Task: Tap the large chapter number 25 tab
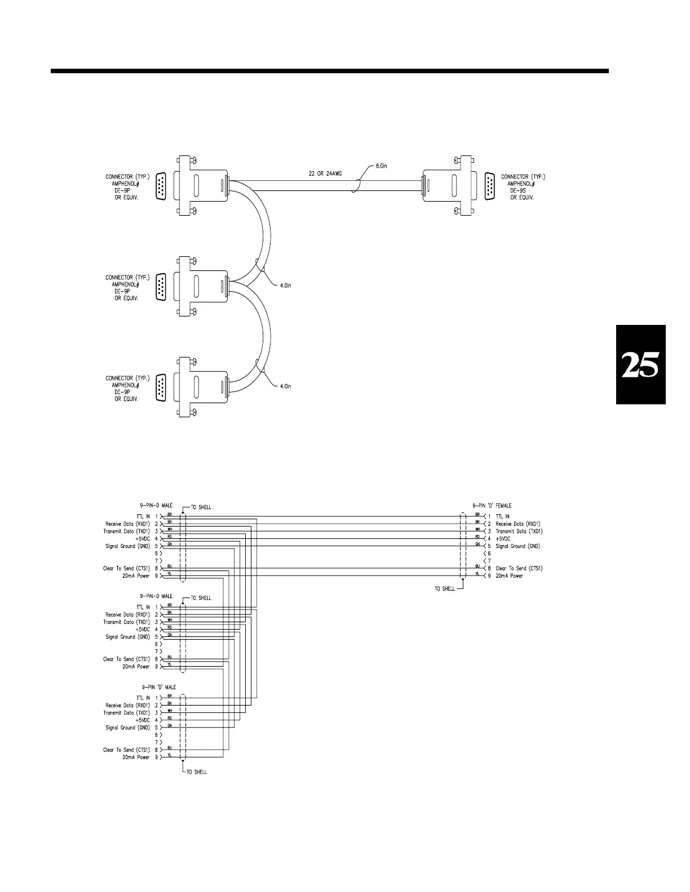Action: pyautogui.click(x=640, y=365)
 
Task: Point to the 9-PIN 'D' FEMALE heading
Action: pyautogui.click(x=492, y=506)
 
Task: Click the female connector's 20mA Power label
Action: pyautogui.click(x=509, y=576)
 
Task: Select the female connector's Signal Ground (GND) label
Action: pyautogui.click(x=517, y=546)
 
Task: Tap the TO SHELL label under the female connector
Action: pyautogui.click(x=445, y=589)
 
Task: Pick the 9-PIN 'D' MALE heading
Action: pyautogui.click(x=159, y=687)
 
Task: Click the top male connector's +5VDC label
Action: pyautogui.click(x=143, y=539)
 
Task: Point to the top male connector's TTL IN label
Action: pyautogui.click(x=143, y=516)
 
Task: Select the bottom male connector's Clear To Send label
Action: pyautogui.click(x=126, y=750)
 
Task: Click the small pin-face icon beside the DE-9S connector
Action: pyautogui.click(x=489, y=186)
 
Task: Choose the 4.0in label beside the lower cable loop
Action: pyautogui.click(x=285, y=386)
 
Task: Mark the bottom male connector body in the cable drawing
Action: pyautogui.click(x=201, y=386)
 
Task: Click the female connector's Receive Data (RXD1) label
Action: pyautogui.click(x=518, y=524)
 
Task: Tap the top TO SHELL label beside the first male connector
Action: pyautogui.click(x=201, y=507)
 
